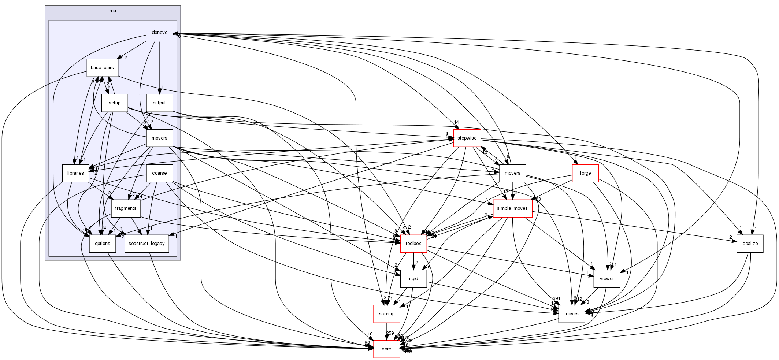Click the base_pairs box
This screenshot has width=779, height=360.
click(102, 68)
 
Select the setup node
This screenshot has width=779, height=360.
click(115, 103)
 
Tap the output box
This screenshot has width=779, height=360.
click(159, 103)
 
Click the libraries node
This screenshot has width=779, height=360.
click(75, 173)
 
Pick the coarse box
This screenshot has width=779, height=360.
click(159, 173)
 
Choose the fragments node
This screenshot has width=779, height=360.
click(126, 208)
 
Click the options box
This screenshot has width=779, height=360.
click(103, 244)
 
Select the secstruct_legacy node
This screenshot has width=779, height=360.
click(147, 244)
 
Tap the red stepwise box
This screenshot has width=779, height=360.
click(467, 138)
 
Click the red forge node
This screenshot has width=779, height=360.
click(585, 173)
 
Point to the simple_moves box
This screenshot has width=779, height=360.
click(512, 208)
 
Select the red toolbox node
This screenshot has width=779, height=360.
click(413, 244)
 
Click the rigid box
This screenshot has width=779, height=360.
click(413, 279)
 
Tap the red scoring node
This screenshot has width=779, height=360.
click(387, 314)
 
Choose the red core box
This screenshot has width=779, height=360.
click(386, 349)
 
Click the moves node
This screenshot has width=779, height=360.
click(571, 314)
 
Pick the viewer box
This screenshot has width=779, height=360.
click(606, 279)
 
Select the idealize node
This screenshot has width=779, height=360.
click(750, 244)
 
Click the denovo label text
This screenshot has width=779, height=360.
click(160, 33)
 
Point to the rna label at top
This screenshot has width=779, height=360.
click(113, 11)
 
